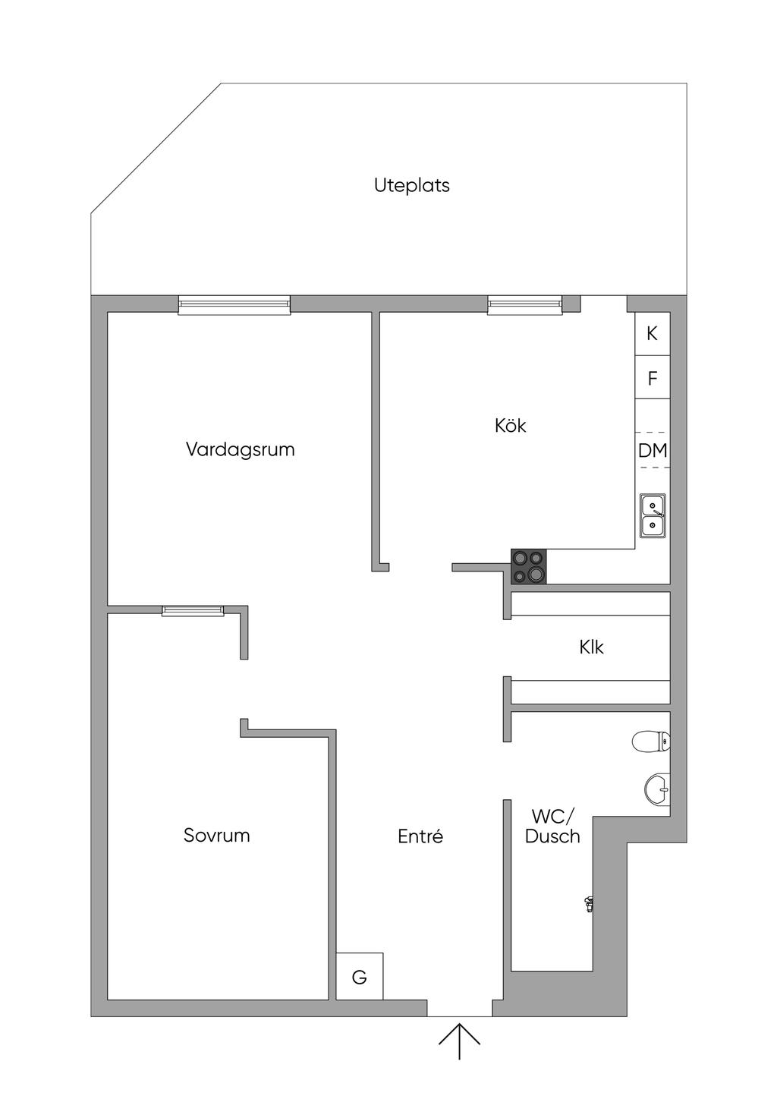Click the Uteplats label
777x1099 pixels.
coord(411,185)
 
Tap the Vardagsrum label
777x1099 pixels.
coord(240,449)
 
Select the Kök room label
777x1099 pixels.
coord(510,425)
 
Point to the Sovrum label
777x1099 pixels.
coord(216,836)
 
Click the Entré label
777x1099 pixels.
coord(420,836)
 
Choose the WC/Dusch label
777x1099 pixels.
coord(552,827)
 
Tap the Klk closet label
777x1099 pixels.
coord(591,647)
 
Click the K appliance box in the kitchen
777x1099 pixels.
coord(652,333)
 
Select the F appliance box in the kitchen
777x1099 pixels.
coord(652,377)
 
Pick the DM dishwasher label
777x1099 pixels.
coord(653,451)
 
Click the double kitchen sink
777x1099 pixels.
coord(653,515)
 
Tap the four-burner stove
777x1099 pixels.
coord(529,566)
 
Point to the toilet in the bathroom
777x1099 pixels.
coord(650,742)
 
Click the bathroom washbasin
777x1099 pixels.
coord(656,789)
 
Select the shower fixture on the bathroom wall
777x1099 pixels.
coord(588,902)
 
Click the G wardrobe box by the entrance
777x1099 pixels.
coord(360,977)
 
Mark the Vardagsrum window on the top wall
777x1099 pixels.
coord(234,305)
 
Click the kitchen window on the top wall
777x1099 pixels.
coord(525,305)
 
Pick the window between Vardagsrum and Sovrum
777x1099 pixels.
coord(193,610)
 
